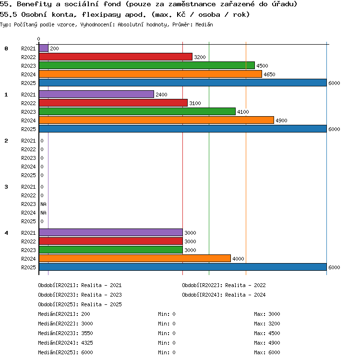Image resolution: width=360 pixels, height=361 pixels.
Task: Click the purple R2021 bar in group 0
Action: pyautogui.click(x=44, y=48)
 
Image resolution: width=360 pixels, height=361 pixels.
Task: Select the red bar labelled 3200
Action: pyautogui.click(x=116, y=57)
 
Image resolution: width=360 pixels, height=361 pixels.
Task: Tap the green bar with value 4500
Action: pyautogui.click(x=147, y=65)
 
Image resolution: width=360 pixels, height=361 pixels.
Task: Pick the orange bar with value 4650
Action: pyautogui.click(x=151, y=74)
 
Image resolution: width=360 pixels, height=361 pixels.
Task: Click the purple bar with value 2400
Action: pyautogui.click(x=96, y=94)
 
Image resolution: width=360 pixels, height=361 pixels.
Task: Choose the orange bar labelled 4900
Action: pyautogui.click(x=156, y=120)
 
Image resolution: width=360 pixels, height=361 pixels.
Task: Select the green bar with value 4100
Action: pyautogui.click(x=137, y=111)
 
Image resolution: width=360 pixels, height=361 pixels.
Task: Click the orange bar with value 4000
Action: pyautogui.click(x=135, y=258)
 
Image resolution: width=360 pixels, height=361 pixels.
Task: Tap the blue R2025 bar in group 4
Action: pyautogui.click(x=183, y=267)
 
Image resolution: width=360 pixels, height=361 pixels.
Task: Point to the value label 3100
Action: pyautogui.click(x=195, y=103)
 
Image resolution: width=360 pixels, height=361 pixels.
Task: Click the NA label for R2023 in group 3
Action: pyautogui.click(x=43, y=204)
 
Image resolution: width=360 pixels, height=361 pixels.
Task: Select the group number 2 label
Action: pyautogui.click(x=6, y=141)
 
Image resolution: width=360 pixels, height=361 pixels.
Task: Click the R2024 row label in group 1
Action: pyautogui.click(x=28, y=120)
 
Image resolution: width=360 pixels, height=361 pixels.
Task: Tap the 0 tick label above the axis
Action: pyautogui.click(x=39, y=39)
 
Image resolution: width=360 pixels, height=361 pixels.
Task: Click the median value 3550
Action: pyautogui.click(x=87, y=333)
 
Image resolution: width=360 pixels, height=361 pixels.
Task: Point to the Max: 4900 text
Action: pyautogui.click(x=267, y=343)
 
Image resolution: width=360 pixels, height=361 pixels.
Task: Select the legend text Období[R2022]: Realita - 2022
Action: pyautogui.click(x=224, y=285)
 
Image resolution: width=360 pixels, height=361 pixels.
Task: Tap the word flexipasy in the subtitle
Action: pyautogui.click(x=101, y=15)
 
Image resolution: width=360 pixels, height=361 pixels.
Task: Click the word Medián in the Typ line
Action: pyautogui.click(x=204, y=24)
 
